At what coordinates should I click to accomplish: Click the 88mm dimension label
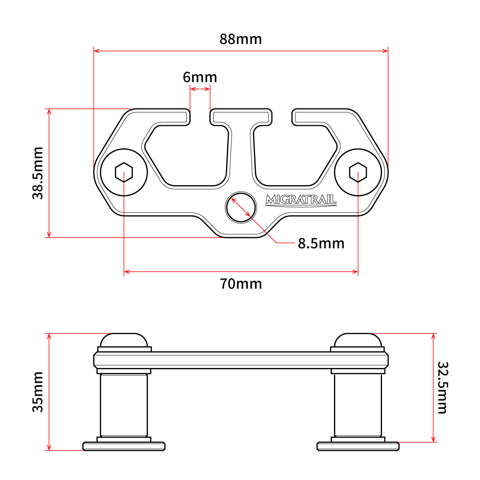tap(240, 39)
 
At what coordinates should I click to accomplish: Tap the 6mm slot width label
tap(200, 77)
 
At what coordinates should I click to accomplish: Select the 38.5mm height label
tap(38, 173)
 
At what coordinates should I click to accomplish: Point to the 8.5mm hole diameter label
tap(321, 243)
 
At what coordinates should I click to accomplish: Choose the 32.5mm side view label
tap(443, 388)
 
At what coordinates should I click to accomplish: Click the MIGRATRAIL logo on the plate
tap(301, 200)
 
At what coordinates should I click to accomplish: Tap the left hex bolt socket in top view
tap(124, 172)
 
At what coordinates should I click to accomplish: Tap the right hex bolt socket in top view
tap(358, 172)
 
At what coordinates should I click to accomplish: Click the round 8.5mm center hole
tap(241, 207)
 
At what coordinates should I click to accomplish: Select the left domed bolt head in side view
tap(124, 340)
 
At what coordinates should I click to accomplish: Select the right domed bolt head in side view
tap(358, 340)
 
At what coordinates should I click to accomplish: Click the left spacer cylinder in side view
tap(124, 405)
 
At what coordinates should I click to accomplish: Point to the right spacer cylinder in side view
tap(358, 405)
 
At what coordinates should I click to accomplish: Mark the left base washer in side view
tap(124, 446)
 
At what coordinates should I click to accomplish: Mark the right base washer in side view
tap(358, 446)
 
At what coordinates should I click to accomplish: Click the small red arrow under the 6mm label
tap(200, 89)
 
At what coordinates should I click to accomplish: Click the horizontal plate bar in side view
tap(241, 360)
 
